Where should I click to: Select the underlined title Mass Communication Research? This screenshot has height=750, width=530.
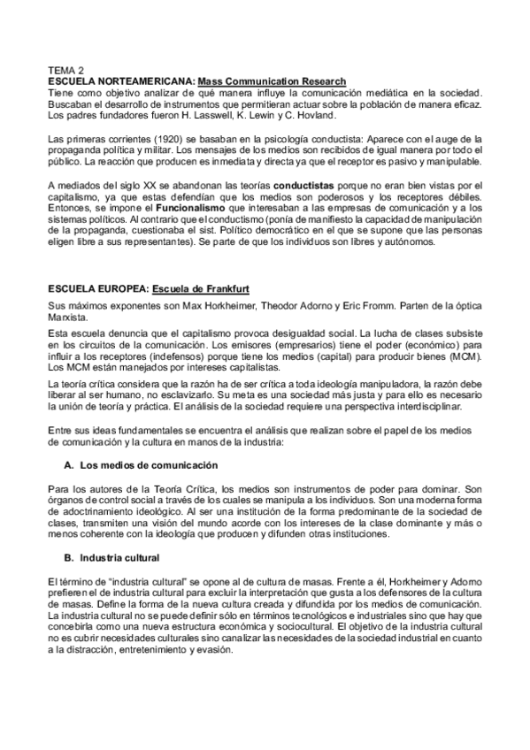[x=272, y=81]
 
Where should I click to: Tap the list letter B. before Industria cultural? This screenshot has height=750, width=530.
[x=69, y=558]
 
